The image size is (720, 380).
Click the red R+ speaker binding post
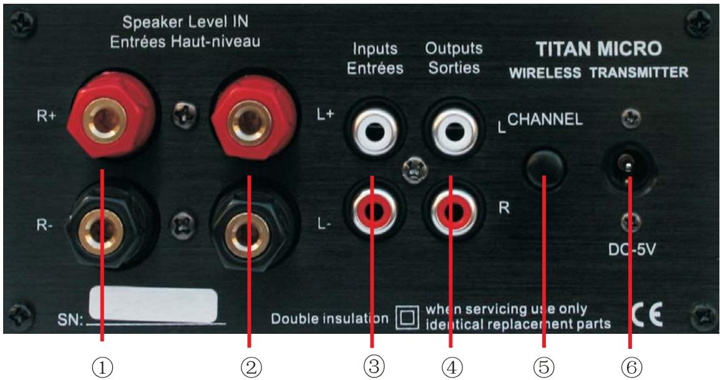pos(103,119)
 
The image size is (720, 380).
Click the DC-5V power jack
pos(628,165)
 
